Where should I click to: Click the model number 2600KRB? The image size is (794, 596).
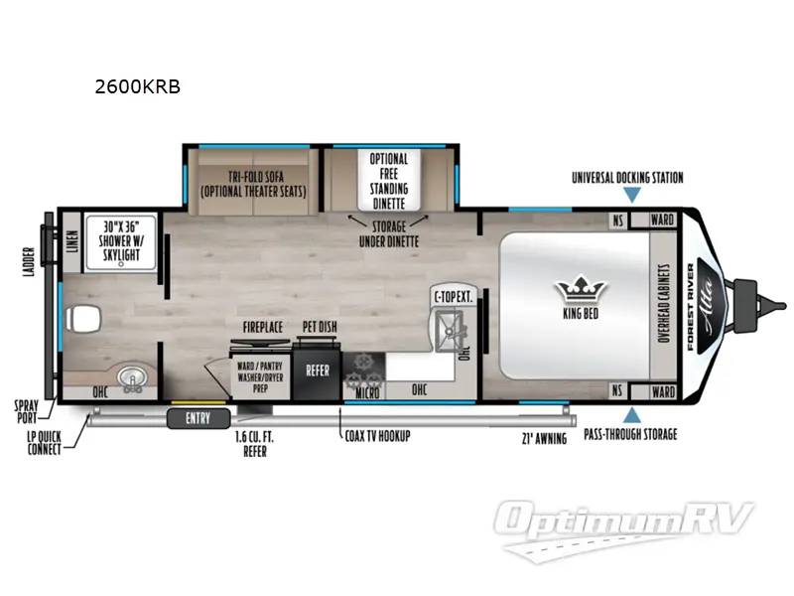(137, 86)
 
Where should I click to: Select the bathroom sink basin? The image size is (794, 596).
(130, 378)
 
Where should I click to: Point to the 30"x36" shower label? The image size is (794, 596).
(125, 240)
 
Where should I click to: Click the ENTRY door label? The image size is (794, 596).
(198, 418)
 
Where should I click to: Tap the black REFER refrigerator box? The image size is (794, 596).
(317, 370)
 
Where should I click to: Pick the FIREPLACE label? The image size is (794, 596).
(264, 326)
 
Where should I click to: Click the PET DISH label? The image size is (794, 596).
(322, 326)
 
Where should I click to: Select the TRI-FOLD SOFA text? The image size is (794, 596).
(252, 183)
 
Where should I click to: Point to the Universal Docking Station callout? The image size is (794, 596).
(627, 178)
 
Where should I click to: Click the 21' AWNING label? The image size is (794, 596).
(543, 438)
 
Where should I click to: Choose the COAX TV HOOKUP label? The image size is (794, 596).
(374, 435)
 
